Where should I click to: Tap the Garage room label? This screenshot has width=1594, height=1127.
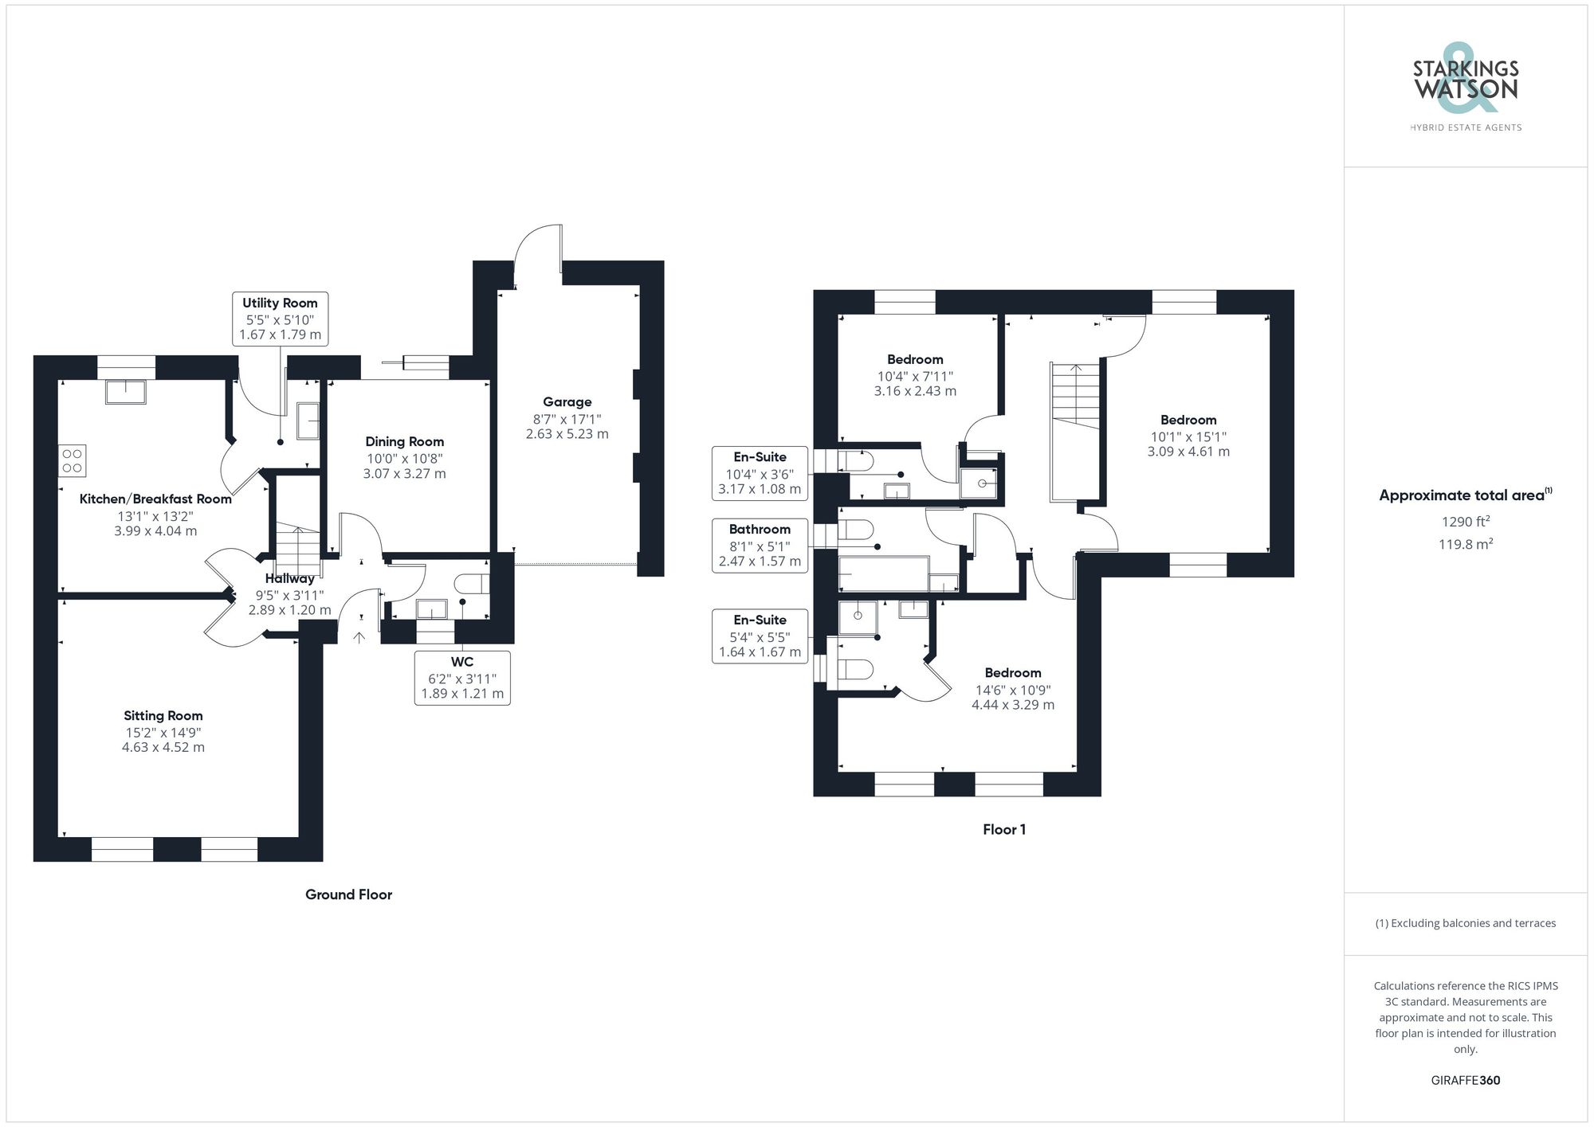pos(567,402)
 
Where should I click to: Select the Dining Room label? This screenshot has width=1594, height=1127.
pos(404,441)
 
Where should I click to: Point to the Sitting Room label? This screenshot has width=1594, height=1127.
pos(163,715)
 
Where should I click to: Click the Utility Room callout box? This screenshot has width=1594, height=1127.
pos(280,319)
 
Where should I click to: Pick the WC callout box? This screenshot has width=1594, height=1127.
pos(462,677)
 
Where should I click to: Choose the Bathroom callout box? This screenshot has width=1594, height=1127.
pos(760,545)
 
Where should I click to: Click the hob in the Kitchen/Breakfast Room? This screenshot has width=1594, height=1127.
pos(73,461)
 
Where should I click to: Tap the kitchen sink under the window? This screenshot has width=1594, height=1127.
pos(126,392)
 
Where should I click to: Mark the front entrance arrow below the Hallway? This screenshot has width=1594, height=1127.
pos(359,636)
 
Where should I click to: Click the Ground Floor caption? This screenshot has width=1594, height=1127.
pos(348,894)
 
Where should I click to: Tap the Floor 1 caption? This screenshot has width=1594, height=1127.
pos(1003,829)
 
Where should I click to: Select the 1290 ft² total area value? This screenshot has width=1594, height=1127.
pos(1465,522)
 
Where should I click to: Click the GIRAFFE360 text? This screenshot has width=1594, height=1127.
pos(1465,1080)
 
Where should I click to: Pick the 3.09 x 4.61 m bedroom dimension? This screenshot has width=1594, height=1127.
pos(1188,452)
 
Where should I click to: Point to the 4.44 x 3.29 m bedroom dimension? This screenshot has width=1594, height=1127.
pos(1012,705)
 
